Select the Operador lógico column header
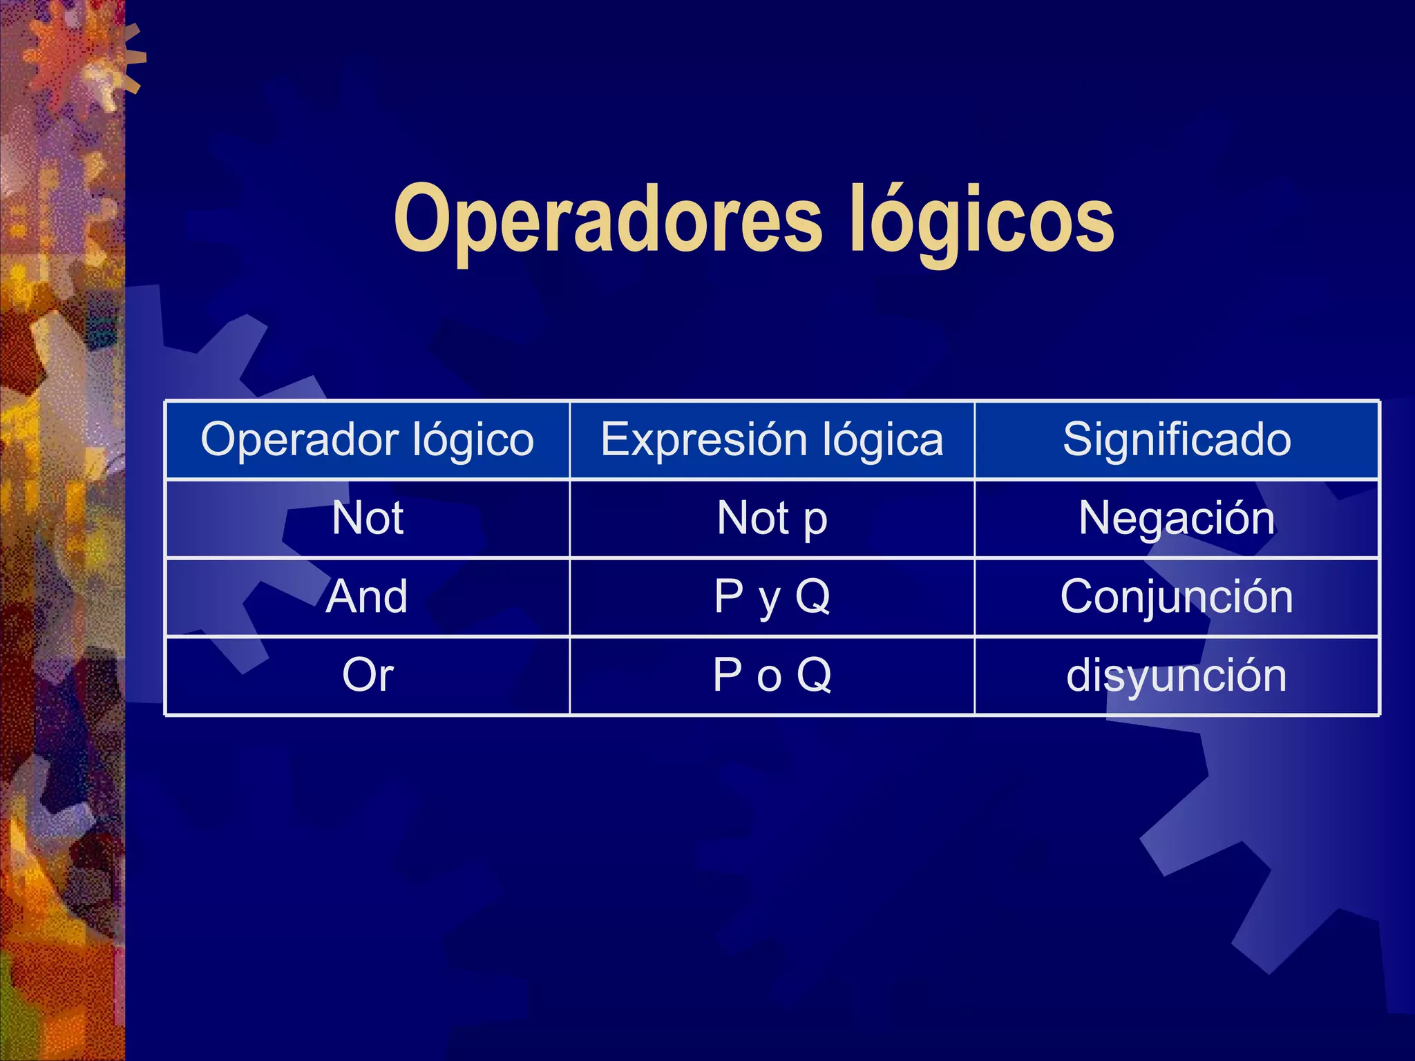point(368,439)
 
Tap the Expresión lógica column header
point(772,439)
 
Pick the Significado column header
point(1177,439)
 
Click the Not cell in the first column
point(368,518)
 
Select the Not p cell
point(772,518)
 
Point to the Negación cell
point(1177,518)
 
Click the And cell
point(368,597)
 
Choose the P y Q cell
point(772,597)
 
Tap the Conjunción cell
point(1177,597)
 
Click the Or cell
point(368,675)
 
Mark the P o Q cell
point(772,675)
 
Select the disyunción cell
point(1177,675)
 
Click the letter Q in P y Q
point(813,595)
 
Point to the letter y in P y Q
point(770,601)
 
